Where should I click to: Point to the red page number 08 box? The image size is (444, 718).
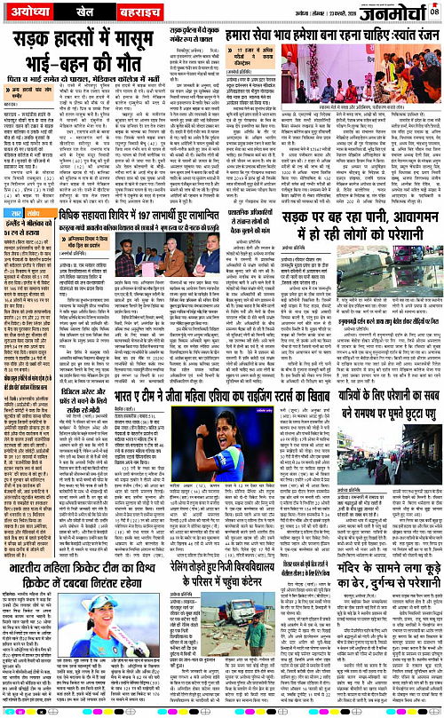click(433, 11)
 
